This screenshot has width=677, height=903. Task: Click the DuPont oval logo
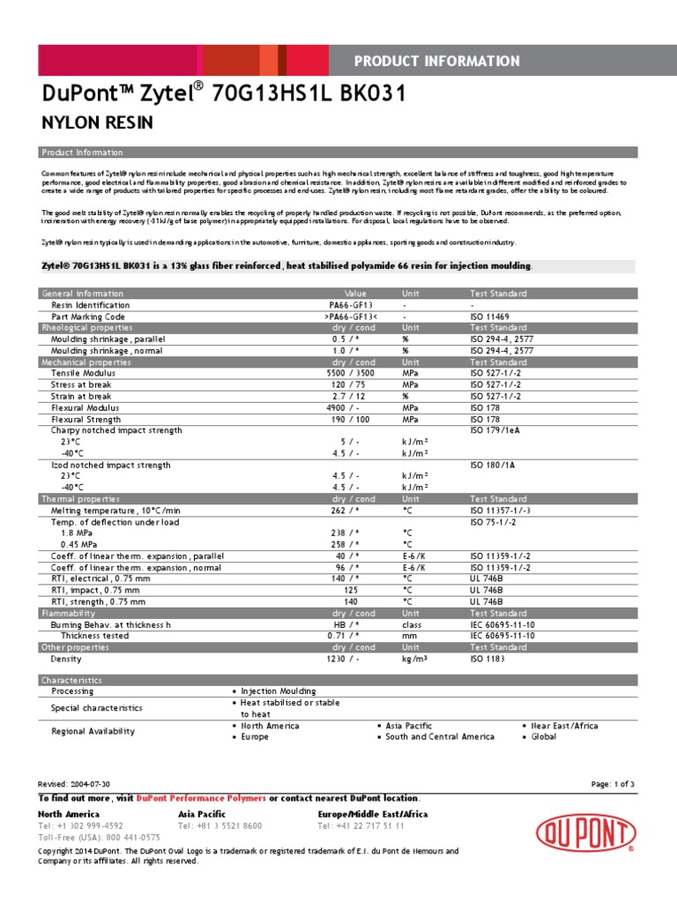point(585,832)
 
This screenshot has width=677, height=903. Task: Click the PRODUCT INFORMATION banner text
point(436,61)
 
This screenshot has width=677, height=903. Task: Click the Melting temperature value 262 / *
point(346,511)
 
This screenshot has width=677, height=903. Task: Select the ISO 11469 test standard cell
point(489,316)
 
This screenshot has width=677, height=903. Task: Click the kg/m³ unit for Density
point(415,659)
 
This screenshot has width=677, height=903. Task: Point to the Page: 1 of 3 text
point(613,784)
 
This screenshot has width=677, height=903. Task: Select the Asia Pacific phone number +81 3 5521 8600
point(219,825)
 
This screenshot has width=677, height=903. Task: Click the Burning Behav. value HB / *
point(346,624)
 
